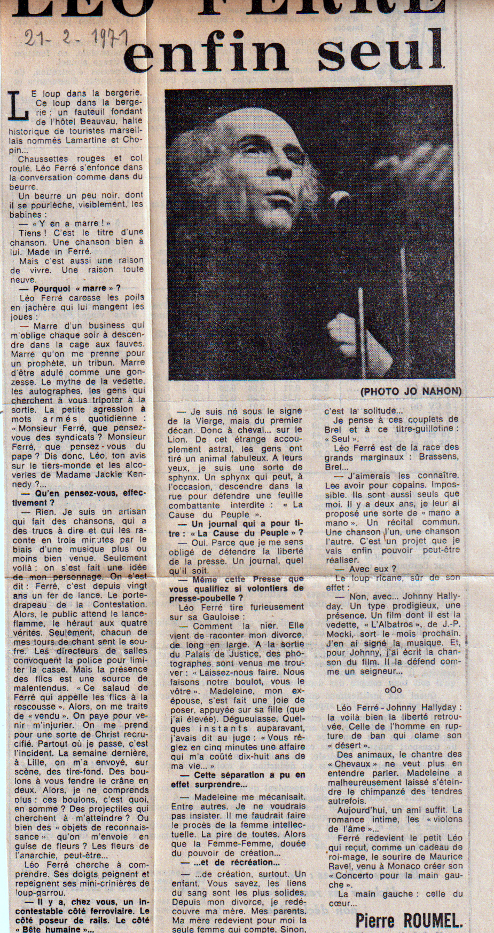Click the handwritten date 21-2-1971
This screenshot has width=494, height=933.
click(x=75, y=38)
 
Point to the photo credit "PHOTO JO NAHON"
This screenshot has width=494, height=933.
click(x=411, y=391)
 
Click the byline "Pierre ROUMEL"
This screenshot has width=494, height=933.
click(x=409, y=920)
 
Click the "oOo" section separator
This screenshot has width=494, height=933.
click(x=393, y=690)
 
